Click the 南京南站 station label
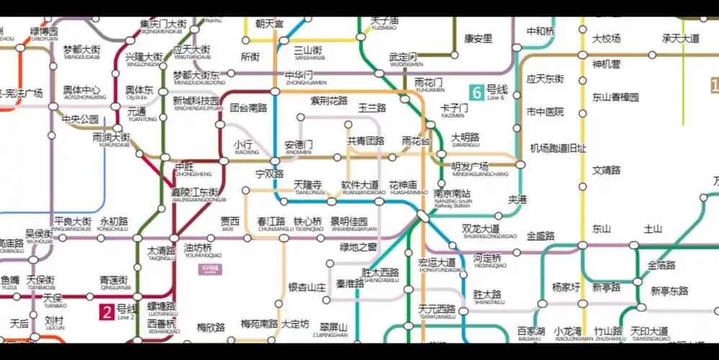pos(452,194)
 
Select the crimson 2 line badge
pos(107,312)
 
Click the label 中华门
pos(298,76)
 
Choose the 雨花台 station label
pos(416,140)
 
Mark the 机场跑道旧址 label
pos(558,148)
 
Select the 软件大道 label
pos(359,186)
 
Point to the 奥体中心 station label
pos(81,91)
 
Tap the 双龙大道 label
pos(481,229)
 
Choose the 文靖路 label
pos(606,171)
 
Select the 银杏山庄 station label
pos(307,287)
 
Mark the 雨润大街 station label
pos(112,137)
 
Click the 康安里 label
pos(478,39)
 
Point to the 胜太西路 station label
pos(380,273)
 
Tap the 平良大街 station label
pos(73,221)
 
